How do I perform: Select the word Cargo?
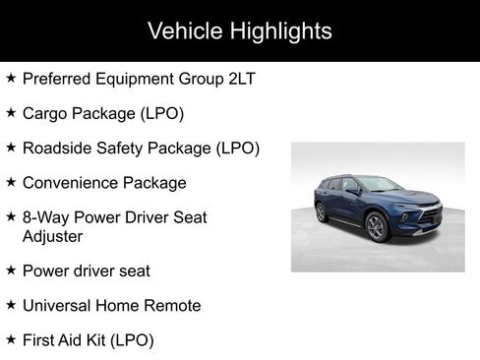(x=46, y=113)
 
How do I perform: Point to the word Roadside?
(x=58, y=149)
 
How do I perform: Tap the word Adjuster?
(x=55, y=236)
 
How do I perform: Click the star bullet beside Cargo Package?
(x=10, y=113)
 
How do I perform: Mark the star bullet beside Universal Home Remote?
(x=10, y=305)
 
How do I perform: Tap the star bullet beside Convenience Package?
(x=10, y=182)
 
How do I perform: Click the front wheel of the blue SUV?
(x=377, y=227)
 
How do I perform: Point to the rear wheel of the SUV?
(x=321, y=211)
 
